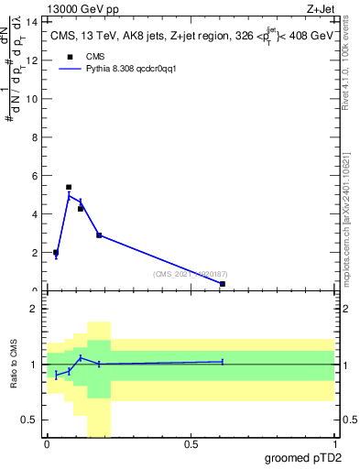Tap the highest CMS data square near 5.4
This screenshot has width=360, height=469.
[69, 187]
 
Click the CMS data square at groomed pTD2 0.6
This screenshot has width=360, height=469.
[223, 284]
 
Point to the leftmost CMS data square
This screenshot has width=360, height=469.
[56, 253]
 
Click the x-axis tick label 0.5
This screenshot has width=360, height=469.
[191, 444]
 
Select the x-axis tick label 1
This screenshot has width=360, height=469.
[335, 444]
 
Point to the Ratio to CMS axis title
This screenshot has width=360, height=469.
[14, 365]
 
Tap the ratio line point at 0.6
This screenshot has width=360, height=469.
[223, 362]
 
